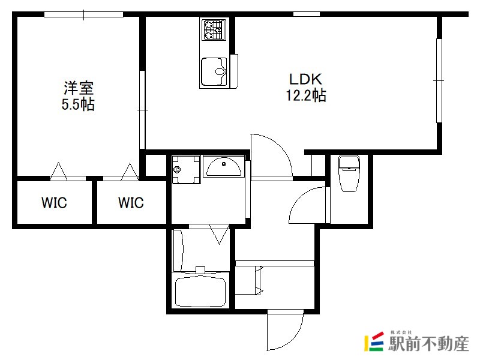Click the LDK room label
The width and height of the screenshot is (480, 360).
click(305, 79)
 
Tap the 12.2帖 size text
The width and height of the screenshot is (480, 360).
click(306, 95)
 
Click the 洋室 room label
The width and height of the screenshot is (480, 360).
click(79, 88)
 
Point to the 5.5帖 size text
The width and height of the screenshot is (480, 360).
click(78, 104)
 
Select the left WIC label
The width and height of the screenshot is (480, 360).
click(54, 203)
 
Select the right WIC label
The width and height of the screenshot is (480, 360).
click(131, 203)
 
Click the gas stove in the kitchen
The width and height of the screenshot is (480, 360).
click(214, 29)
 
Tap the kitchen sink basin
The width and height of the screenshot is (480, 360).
click(214, 72)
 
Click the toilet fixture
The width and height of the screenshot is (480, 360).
click(349, 173)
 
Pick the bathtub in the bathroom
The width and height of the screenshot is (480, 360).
click(200, 292)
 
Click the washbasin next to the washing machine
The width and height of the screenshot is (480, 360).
click(224, 167)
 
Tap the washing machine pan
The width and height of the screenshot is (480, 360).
click(186, 169)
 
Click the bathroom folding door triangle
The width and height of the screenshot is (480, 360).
click(219, 235)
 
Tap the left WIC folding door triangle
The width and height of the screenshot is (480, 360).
click(58, 172)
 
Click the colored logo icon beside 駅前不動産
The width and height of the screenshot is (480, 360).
click(374, 341)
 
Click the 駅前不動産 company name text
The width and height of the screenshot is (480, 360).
click(428, 343)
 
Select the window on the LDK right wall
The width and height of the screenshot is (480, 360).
click(439, 80)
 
